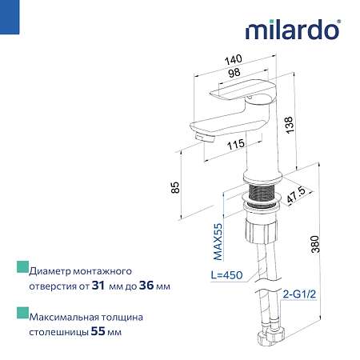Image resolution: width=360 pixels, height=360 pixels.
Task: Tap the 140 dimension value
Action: pos(234,59)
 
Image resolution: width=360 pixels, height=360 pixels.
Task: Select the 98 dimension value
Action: pos(234,72)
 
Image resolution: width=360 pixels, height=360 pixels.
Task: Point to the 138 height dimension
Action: pos(289,125)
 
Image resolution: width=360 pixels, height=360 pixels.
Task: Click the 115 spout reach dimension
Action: pos(236,144)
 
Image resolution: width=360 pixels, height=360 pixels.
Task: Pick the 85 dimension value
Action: pos(176,187)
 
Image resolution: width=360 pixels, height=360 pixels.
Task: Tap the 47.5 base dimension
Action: pos(296,194)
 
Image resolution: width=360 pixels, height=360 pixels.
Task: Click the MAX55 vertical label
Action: pos(218,242)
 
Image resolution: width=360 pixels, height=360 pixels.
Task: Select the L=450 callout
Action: pos(226,275)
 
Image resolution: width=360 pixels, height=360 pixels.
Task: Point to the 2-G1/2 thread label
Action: pos(299,294)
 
